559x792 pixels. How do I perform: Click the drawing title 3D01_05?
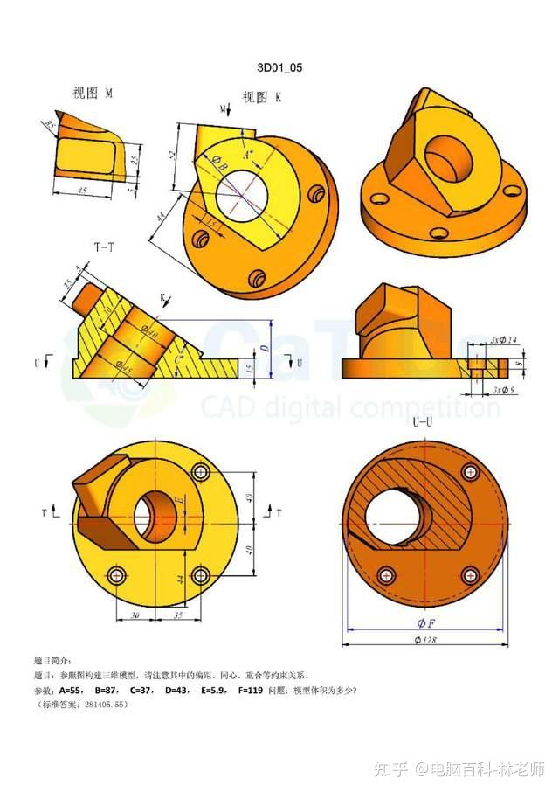coord(279,67)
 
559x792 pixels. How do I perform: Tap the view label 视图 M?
coord(93,92)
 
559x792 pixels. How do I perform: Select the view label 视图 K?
coord(261,97)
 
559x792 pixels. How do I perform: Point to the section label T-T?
coord(104,247)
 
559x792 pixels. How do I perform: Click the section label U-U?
coord(424,422)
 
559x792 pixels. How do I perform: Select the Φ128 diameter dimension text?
coord(427,641)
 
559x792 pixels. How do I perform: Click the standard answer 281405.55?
coord(108,705)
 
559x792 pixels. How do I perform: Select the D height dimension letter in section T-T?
coord(265,349)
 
